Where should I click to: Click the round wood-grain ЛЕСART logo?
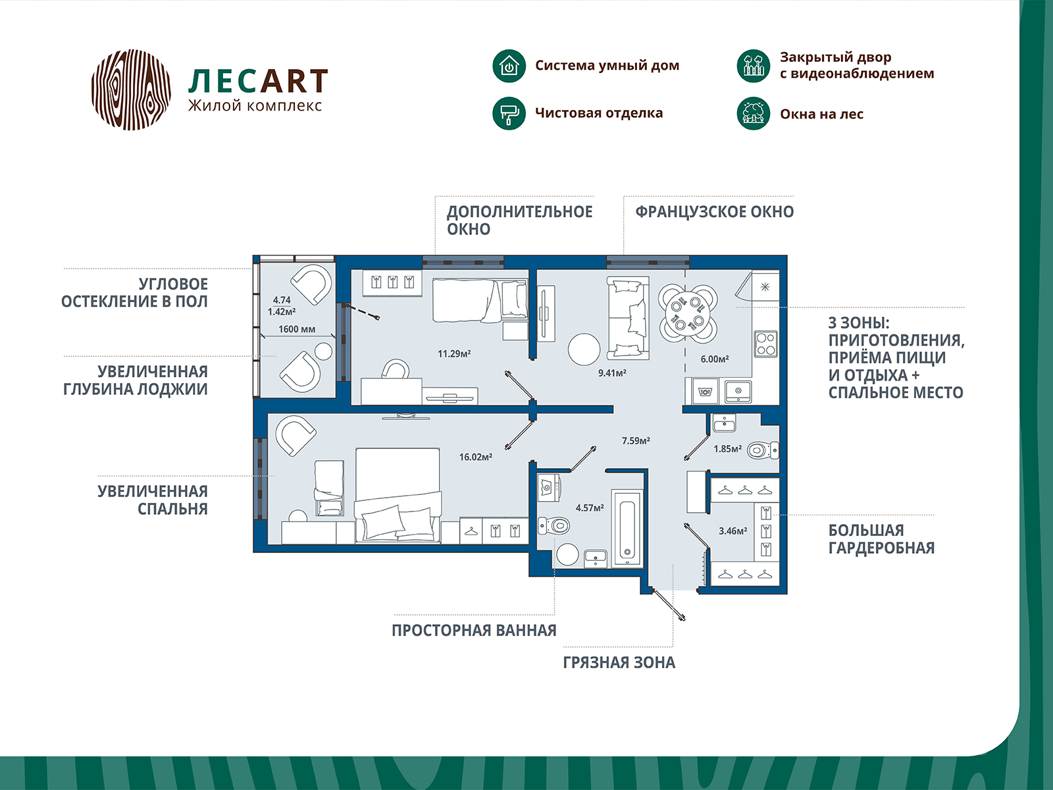(131, 90)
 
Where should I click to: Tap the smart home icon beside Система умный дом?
(509, 66)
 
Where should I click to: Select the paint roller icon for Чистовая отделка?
(509, 113)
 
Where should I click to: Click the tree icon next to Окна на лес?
(753, 113)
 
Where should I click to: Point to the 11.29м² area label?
(454, 354)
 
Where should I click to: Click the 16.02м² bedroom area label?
(476, 457)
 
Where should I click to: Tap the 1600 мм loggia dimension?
(297, 329)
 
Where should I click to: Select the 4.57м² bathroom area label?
(590, 508)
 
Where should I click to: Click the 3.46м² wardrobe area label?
(732, 531)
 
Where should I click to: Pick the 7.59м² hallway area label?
(636, 441)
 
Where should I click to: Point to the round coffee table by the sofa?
(584, 349)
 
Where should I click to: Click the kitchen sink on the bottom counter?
(738, 391)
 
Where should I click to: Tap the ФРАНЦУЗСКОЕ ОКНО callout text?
(714, 212)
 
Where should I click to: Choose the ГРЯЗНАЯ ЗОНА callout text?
(619, 663)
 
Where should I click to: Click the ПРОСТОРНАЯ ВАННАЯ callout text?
(474, 631)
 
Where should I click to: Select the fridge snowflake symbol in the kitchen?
(765, 287)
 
